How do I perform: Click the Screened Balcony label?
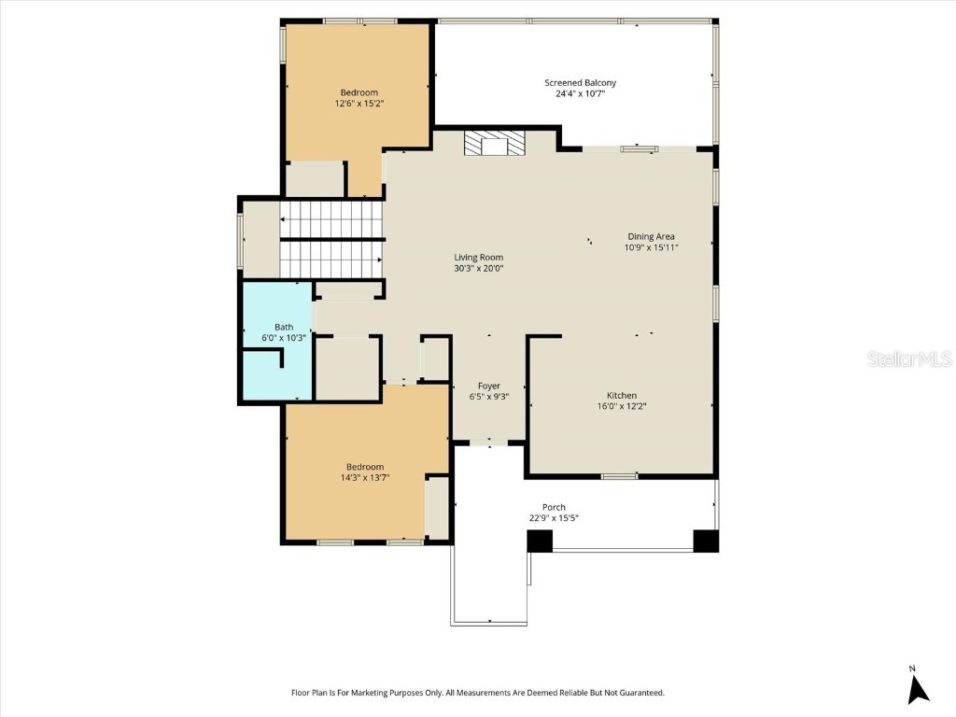pyautogui.click(x=580, y=83)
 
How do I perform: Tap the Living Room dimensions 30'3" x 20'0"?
pyautogui.click(x=479, y=269)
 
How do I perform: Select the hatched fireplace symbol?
pyautogui.click(x=495, y=144)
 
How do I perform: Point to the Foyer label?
pyautogui.click(x=489, y=386)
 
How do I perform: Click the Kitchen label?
pyautogui.click(x=622, y=396)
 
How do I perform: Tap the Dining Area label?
pyautogui.click(x=651, y=236)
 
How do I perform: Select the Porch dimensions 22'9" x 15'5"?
pyautogui.click(x=554, y=518)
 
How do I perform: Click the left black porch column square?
pyautogui.click(x=540, y=541)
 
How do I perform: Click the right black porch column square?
pyautogui.click(x=706, y=541)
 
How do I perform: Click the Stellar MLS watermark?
pyautogui.click(x=909, y=358)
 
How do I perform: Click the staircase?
pyautogui.click(x=331, y=239)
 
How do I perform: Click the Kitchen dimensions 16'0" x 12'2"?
pyautogui.click(x=622, y=406)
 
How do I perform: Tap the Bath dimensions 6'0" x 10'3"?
pyautogui.click(x=284, y=338)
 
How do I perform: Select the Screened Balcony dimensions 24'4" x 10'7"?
pyautogui.click(x=580, y=93)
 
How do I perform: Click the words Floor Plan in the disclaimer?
pyautogui.click(x=309, y=693)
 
